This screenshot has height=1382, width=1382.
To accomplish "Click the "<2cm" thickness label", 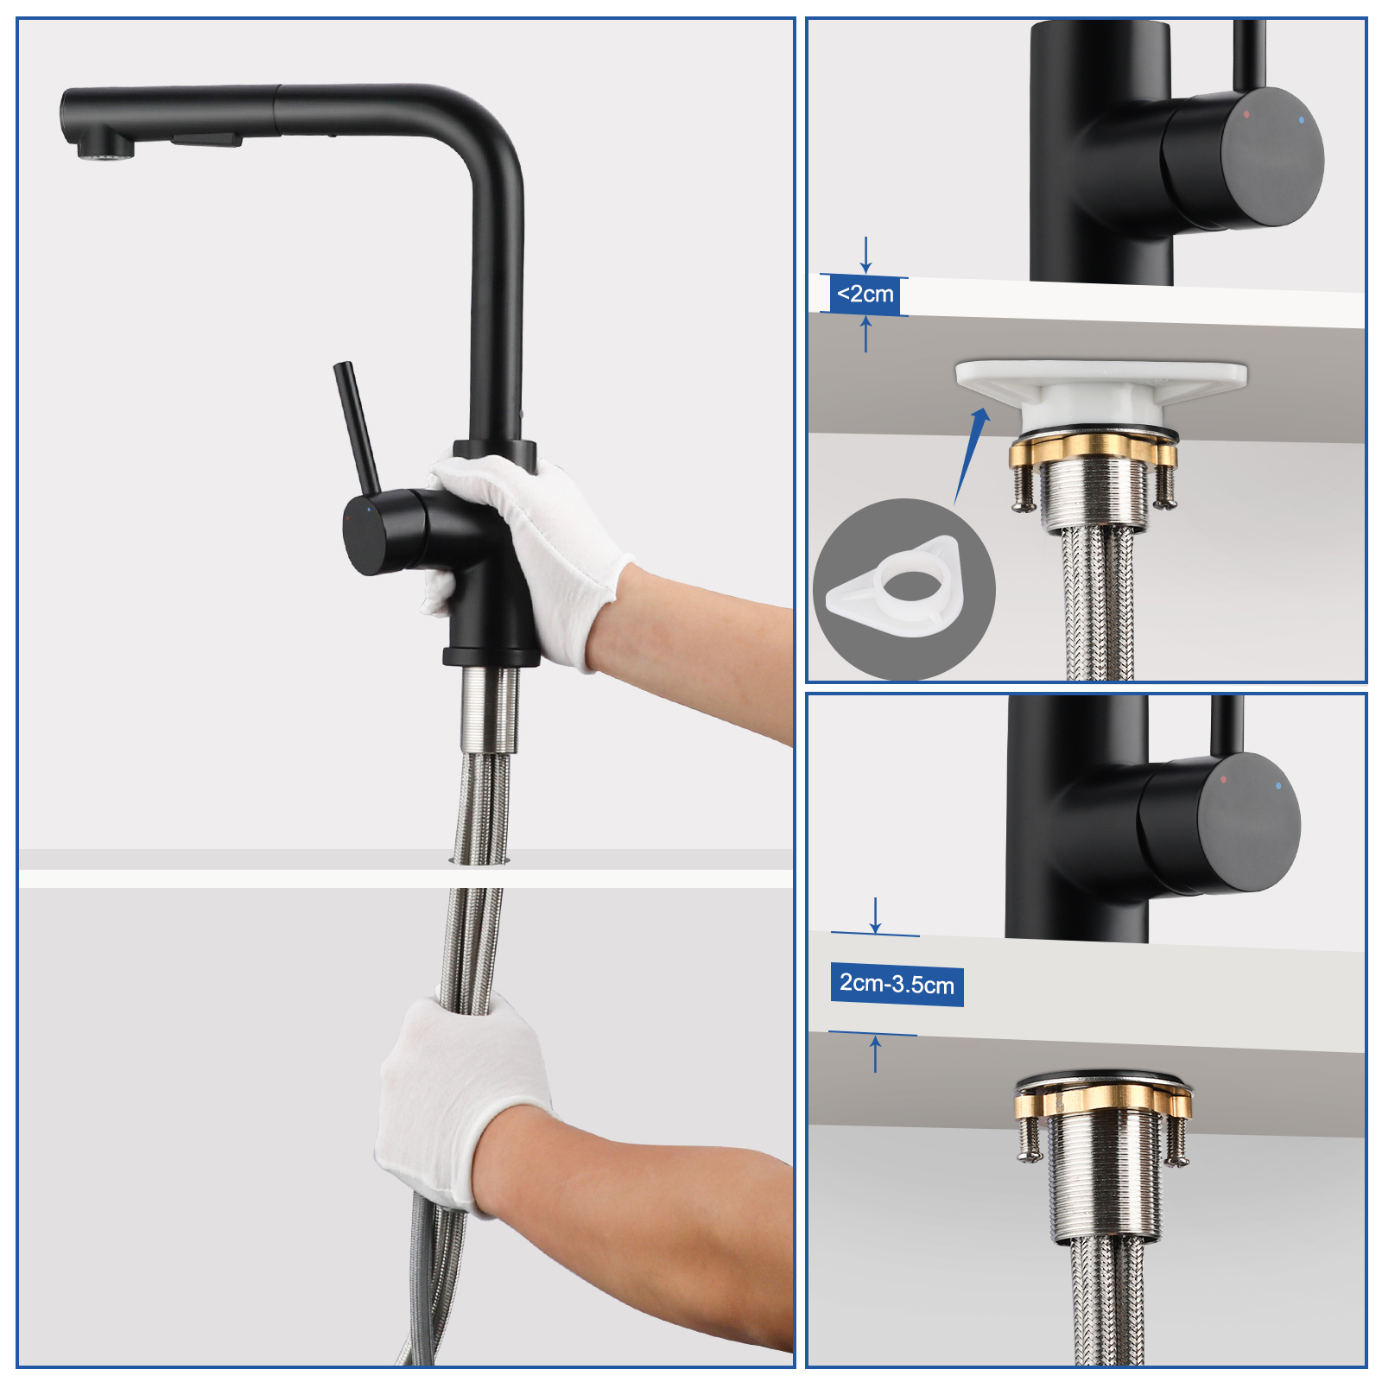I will (865, 295).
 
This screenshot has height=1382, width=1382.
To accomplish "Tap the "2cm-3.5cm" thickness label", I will (897, 984).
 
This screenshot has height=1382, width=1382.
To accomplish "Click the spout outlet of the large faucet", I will (106, 152).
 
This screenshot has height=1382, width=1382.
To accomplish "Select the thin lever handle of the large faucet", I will (357, 428).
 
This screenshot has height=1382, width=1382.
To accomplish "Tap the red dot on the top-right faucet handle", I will (1246, 114).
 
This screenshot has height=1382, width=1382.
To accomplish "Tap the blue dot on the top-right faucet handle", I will (1302, 120).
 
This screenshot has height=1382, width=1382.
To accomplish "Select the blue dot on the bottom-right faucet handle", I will (1278, 786).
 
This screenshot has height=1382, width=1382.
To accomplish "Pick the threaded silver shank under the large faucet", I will (489, 708).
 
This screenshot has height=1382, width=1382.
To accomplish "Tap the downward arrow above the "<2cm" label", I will (865, 255).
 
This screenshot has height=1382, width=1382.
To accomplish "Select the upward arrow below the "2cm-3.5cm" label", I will (875, 1055).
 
